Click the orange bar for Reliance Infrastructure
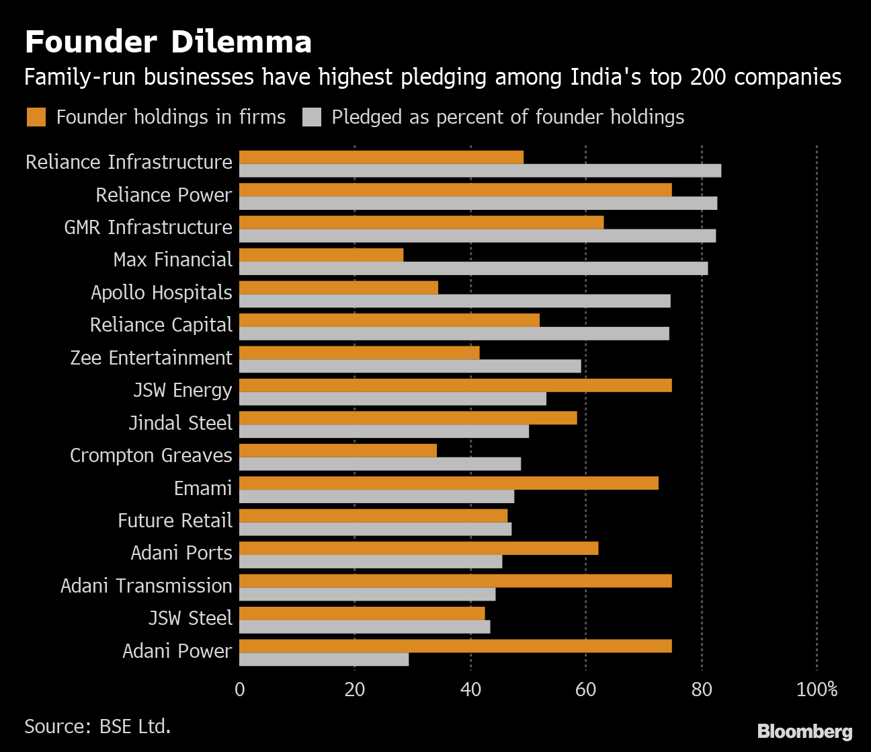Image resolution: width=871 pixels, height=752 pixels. [381, 157]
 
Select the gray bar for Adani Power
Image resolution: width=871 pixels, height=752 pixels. [324, 660]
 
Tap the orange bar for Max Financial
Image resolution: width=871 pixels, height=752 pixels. [321, 255]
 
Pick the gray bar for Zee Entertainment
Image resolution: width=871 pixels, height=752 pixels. [410, 366]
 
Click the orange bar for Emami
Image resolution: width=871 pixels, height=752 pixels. [449, 483]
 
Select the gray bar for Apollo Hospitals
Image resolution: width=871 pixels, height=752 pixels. [455, 301]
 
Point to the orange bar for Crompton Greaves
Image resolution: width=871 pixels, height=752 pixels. [338, 451]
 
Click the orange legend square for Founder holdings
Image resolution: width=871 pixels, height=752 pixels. [36, 117]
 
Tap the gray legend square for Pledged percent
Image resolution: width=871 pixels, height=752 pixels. [312, 117]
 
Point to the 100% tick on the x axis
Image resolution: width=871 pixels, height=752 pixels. [817, 689]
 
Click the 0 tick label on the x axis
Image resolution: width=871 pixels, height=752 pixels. [240, 689]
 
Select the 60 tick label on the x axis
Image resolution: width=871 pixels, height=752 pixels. [586, 689]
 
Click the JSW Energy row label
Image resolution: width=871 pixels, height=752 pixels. [182, 390]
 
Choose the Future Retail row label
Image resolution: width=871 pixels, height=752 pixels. [175, 521]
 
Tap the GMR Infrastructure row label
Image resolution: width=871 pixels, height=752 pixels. [148, 227]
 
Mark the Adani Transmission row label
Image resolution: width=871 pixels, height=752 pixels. [146, 586]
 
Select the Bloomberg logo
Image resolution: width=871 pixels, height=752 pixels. [804, 731]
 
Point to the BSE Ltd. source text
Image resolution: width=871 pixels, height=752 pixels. [134, 726]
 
